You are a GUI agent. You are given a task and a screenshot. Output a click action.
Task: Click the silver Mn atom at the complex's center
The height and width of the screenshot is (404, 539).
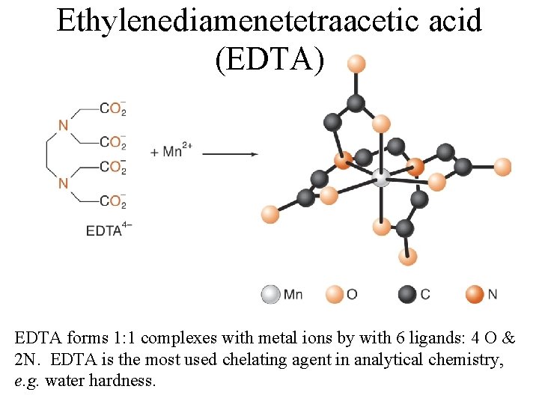coord(381,178)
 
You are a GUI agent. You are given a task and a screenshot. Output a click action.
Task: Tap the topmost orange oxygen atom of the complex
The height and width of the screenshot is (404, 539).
coord(357,63)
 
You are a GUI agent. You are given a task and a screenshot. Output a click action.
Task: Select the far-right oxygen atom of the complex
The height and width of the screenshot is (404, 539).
coord(502,167)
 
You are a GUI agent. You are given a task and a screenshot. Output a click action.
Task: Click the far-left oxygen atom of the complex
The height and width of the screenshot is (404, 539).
coord(269,215)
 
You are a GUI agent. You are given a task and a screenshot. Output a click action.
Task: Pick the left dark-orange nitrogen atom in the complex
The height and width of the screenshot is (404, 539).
coord(343,159)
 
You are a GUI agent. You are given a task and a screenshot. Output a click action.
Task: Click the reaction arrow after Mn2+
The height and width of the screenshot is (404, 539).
coord(230,154)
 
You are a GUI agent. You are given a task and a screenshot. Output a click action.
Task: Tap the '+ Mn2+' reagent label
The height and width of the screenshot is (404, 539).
coord(171,151)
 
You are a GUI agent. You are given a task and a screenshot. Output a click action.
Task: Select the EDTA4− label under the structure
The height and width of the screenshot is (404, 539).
coord(109,230)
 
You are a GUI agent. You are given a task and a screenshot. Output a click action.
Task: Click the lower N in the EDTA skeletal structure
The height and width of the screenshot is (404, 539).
coord(63,183)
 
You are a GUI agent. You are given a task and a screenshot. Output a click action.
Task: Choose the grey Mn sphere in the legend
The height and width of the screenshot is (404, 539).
coord(270,295)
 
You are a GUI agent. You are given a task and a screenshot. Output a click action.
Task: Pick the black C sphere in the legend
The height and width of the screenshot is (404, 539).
coord(408,295)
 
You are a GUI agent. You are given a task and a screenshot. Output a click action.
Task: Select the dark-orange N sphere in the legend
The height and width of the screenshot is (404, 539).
coord(475,295)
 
